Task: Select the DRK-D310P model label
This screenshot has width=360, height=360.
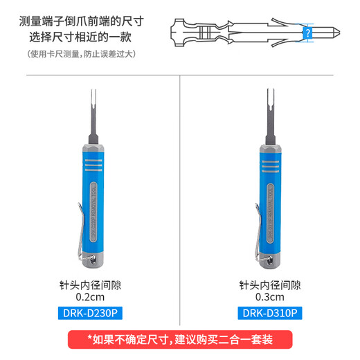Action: (271, 314)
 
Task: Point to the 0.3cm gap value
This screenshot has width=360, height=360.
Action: (271, 297)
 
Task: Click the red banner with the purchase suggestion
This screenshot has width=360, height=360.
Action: (180, 340)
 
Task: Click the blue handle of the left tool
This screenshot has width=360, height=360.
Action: (94, 208)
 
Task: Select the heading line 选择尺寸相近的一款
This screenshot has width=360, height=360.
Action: (85, 37)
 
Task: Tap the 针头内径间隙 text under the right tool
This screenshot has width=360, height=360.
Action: (271, 284)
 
